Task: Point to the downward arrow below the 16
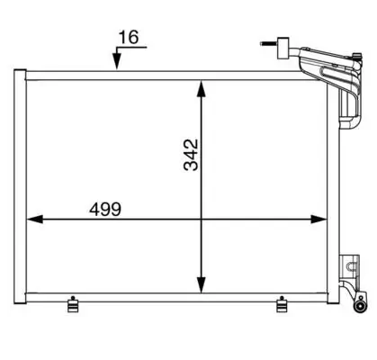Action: tap(115, 59)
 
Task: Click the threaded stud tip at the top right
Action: tap(263, 41)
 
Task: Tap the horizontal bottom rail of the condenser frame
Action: tap(180, 295)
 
